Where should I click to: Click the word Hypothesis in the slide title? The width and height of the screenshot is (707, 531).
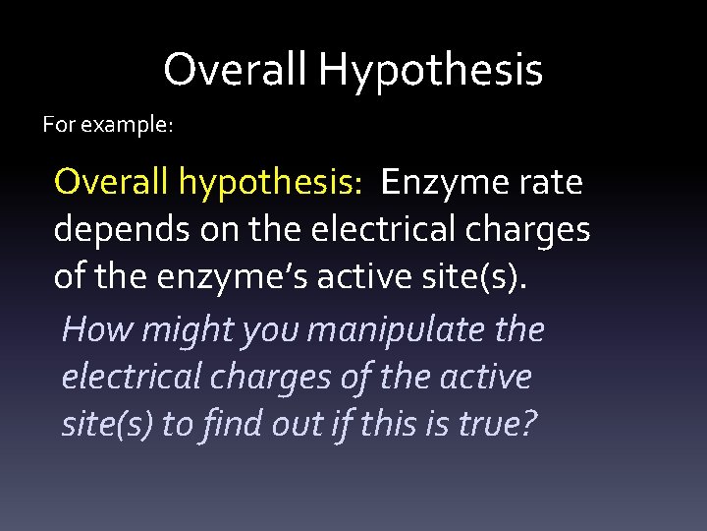coord(430,71)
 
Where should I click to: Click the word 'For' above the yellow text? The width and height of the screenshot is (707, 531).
coord(59,126)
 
